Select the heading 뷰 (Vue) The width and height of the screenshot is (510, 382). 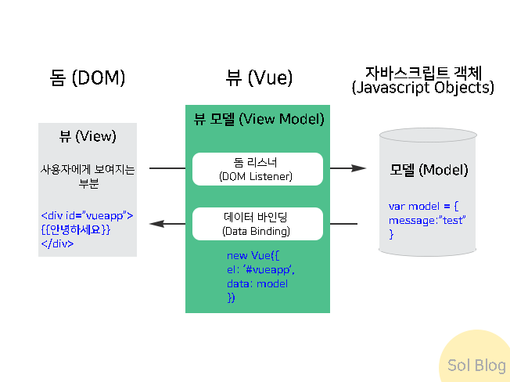coord(259,77)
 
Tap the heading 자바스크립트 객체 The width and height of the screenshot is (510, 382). coord(422,70)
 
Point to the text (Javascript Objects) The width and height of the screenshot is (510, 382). coord(422,88)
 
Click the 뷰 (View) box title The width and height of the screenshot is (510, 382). coord(88,135)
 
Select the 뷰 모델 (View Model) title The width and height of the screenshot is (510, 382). coord(259,119)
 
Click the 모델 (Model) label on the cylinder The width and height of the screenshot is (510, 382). coord(429,170)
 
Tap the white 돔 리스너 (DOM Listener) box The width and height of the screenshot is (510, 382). coord(257,169)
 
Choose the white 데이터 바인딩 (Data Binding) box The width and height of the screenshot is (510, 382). coord(257,224)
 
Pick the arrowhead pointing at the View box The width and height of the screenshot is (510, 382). coord(156,224)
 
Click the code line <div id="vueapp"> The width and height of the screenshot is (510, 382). coord(87,215)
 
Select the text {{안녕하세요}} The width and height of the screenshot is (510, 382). coord(76,229)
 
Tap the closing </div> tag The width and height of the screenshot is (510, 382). coord(58,243)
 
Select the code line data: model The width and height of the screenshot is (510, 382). coord(257,284)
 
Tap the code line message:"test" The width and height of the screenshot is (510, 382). coord(427,221)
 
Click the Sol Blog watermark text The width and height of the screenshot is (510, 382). coord(476,366)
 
